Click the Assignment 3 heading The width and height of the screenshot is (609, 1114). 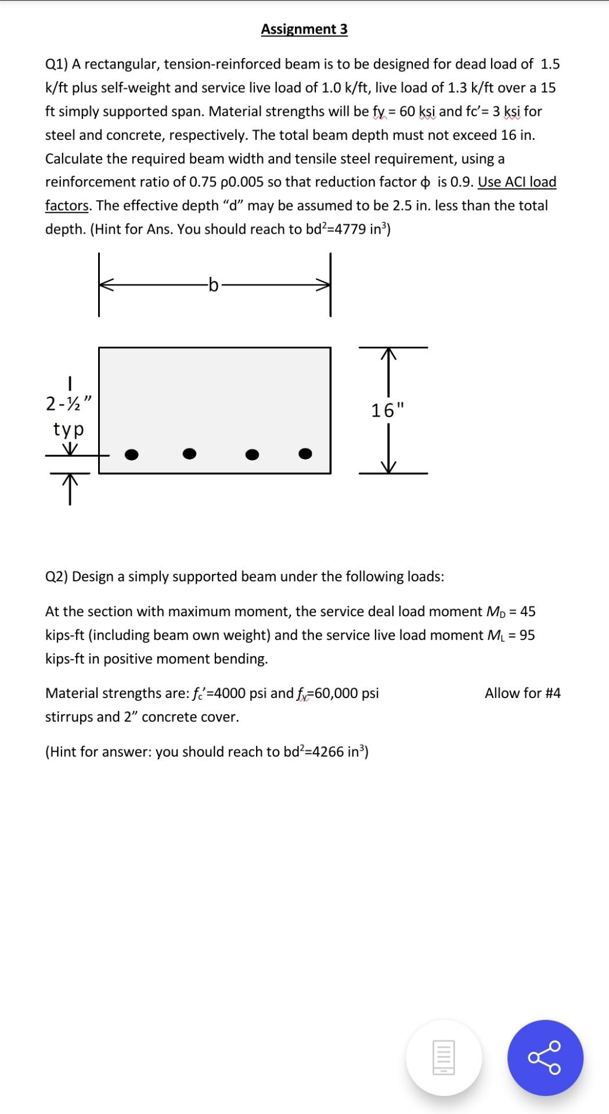click(304, 29)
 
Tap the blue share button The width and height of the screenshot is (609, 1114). click(545, 1057)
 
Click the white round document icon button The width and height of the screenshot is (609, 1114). click(444, 1057)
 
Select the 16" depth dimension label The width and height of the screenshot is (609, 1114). click(387, 410)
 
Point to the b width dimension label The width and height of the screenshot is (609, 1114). click(214, 285)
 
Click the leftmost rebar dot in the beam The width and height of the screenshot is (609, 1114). click(132, 454)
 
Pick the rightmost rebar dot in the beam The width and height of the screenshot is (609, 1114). click(305, 453)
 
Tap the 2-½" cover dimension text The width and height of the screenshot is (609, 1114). click(69, 403)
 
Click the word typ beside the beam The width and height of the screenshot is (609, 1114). click(69, 429)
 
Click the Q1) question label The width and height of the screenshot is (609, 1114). click(57, 64)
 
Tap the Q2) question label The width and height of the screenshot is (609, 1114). click(57, 576)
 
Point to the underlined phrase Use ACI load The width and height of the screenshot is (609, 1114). click(517, 182)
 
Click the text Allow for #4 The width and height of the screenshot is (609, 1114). click(522, 693)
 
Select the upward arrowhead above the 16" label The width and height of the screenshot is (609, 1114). click(388, 353)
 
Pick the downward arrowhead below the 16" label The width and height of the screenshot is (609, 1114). click(388, 468)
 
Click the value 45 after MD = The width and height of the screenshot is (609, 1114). click(528, 612)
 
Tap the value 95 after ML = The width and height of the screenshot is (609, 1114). click(527, 635)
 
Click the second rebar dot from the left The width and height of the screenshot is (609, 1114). click(189, 453)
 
